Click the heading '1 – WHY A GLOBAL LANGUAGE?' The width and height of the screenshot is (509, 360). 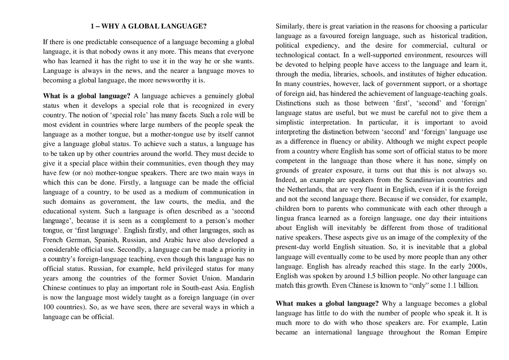pyautogui.click(x=148, y=27)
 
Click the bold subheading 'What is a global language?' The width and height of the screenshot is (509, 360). pyautogui.click(x=87, y=96)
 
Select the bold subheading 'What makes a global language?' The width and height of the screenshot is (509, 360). pyautogui.click(x=327, y=304)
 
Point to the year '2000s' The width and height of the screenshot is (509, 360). pyautogui.click(x=478, y=266)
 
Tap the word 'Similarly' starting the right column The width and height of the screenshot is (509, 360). pyautogui.click(x=289, y=26)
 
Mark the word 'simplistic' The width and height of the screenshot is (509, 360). pyautogui.click(x=291, y=122)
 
